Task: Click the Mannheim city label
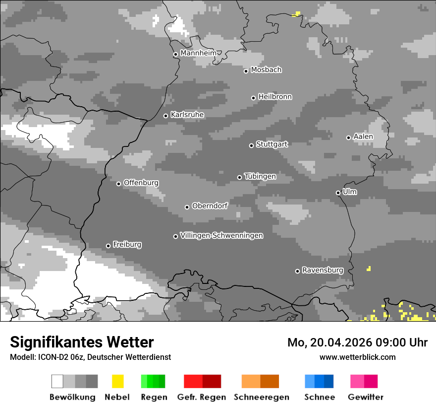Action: [199, 53]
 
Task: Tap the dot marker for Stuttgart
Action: [251, 145]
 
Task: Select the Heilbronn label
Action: [275, 97]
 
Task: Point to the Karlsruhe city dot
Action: [166, 116]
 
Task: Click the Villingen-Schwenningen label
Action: [221, 235]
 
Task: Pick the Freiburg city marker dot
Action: [108, 246]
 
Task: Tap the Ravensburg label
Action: [323, 270]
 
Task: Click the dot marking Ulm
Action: [338, 193]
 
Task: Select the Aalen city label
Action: [363, 137]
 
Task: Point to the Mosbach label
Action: [266, 70]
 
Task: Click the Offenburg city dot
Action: [118, 184]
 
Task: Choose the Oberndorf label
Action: [210, 206]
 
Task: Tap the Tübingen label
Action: [260, 176]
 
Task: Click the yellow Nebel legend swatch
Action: [117, 381]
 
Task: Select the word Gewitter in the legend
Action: [366, 397]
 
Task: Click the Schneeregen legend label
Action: [262, 397]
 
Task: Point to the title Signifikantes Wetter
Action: [82, 342]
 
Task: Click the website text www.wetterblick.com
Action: [357, 357]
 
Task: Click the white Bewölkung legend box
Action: [57, 381]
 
